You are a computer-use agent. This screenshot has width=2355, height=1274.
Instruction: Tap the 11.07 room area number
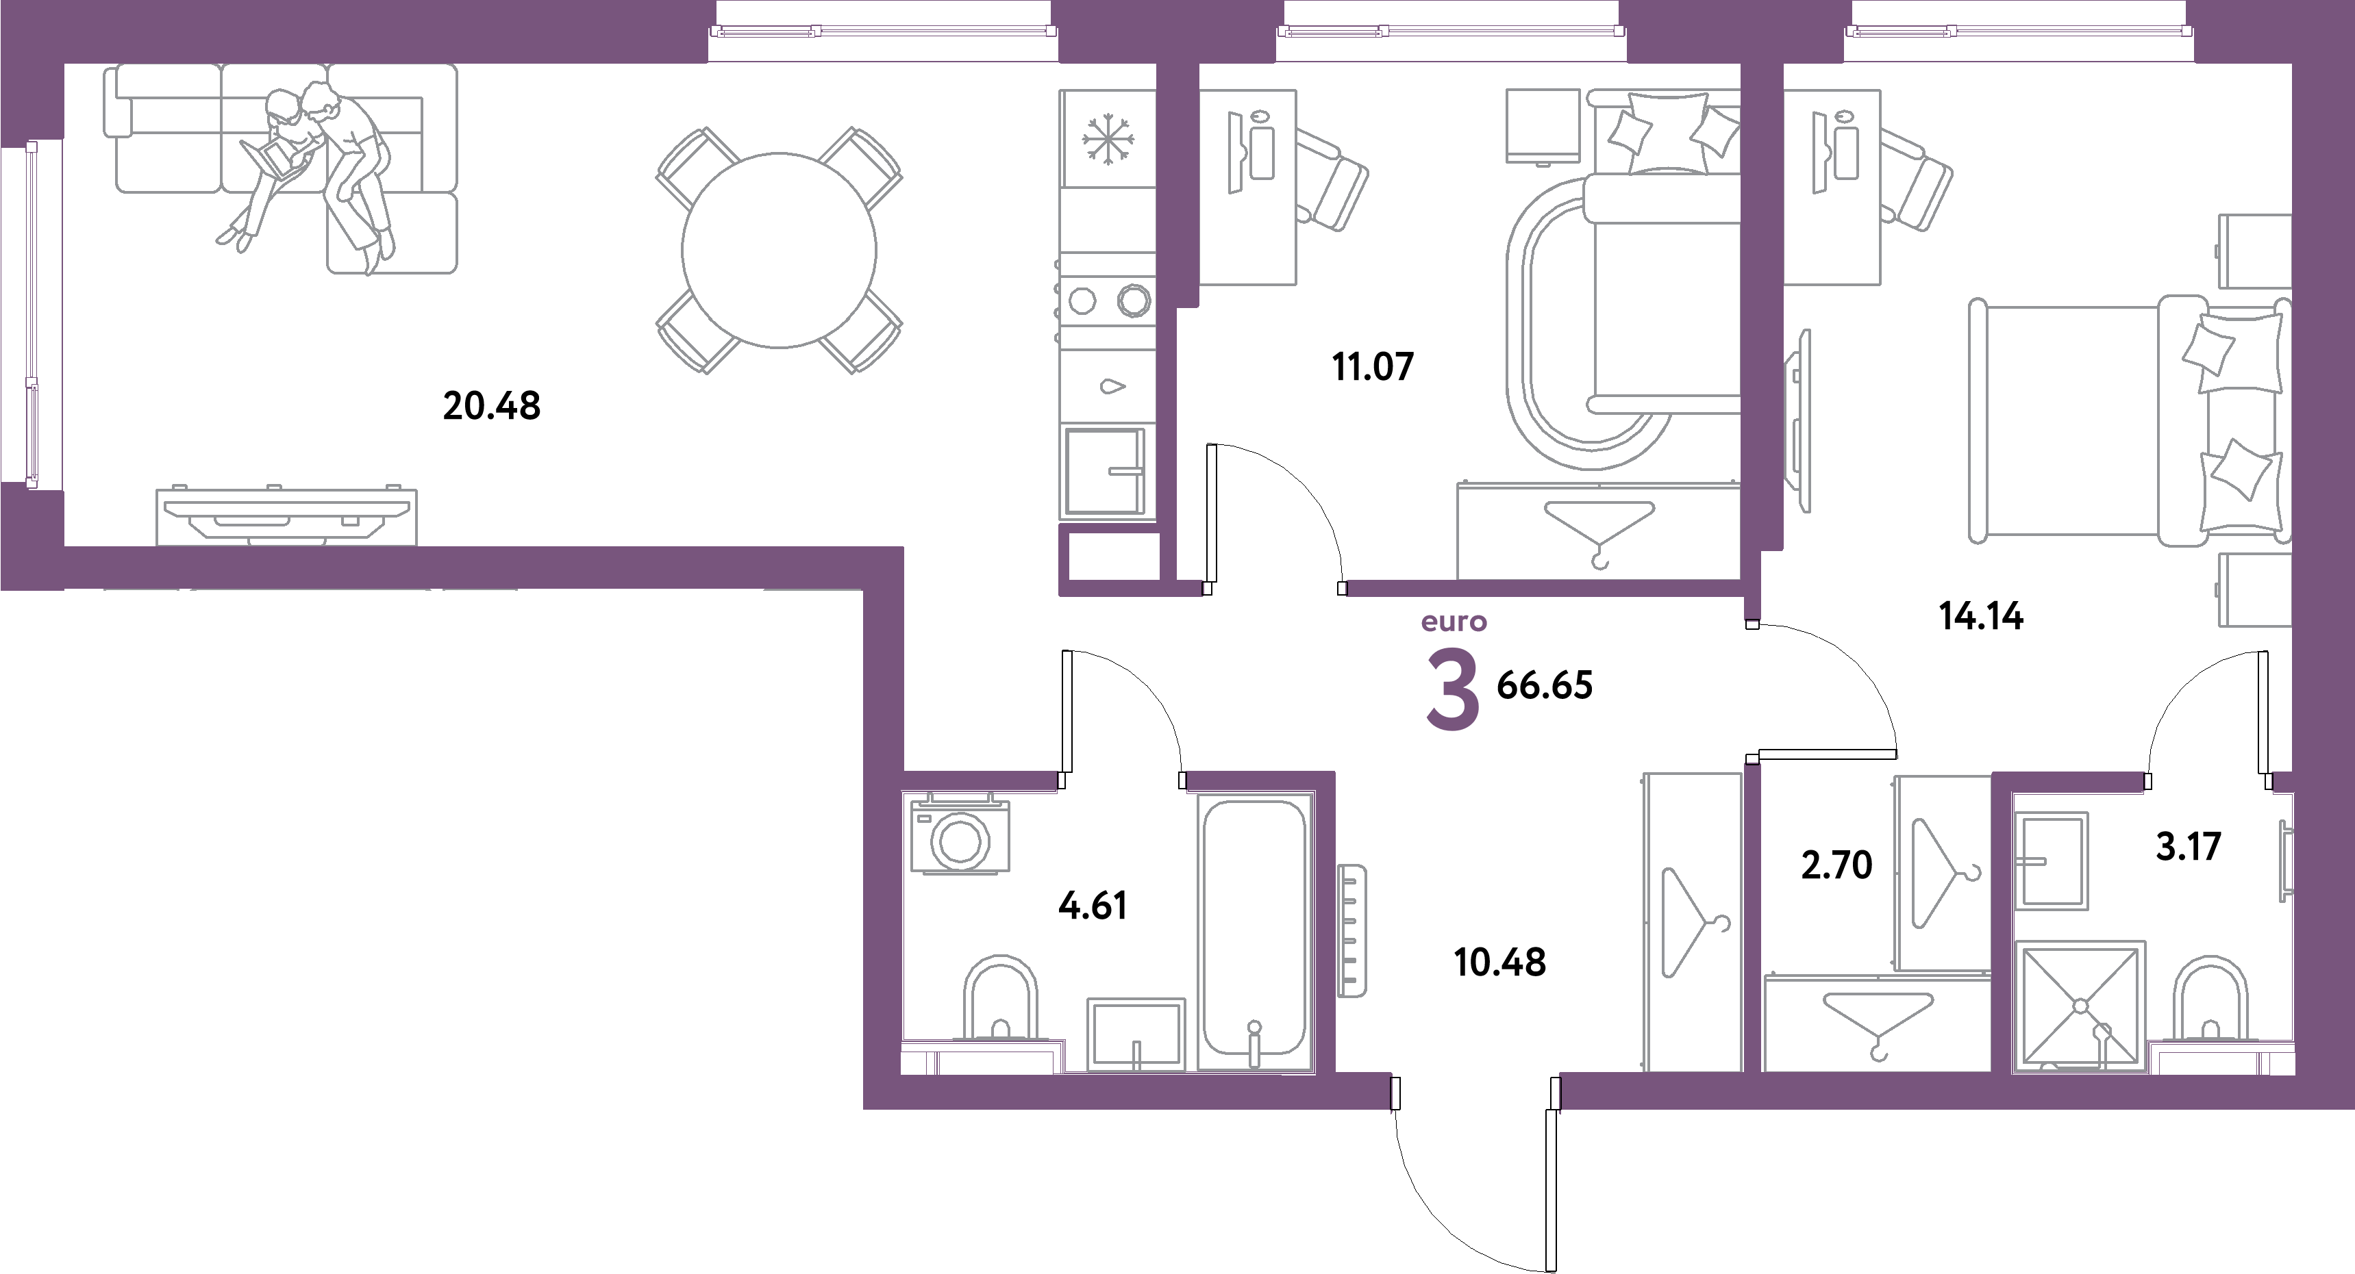1373,366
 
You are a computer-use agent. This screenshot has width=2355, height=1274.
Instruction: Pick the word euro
1454,623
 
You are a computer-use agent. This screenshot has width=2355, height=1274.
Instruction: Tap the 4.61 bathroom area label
1093,906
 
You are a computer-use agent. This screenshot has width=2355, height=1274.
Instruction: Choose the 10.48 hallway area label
1499,963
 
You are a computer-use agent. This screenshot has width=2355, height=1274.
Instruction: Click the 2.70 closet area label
1836,865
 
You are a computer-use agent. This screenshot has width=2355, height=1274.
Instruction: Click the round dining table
779,249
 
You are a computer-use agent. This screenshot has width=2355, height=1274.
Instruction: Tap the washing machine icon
959,838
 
